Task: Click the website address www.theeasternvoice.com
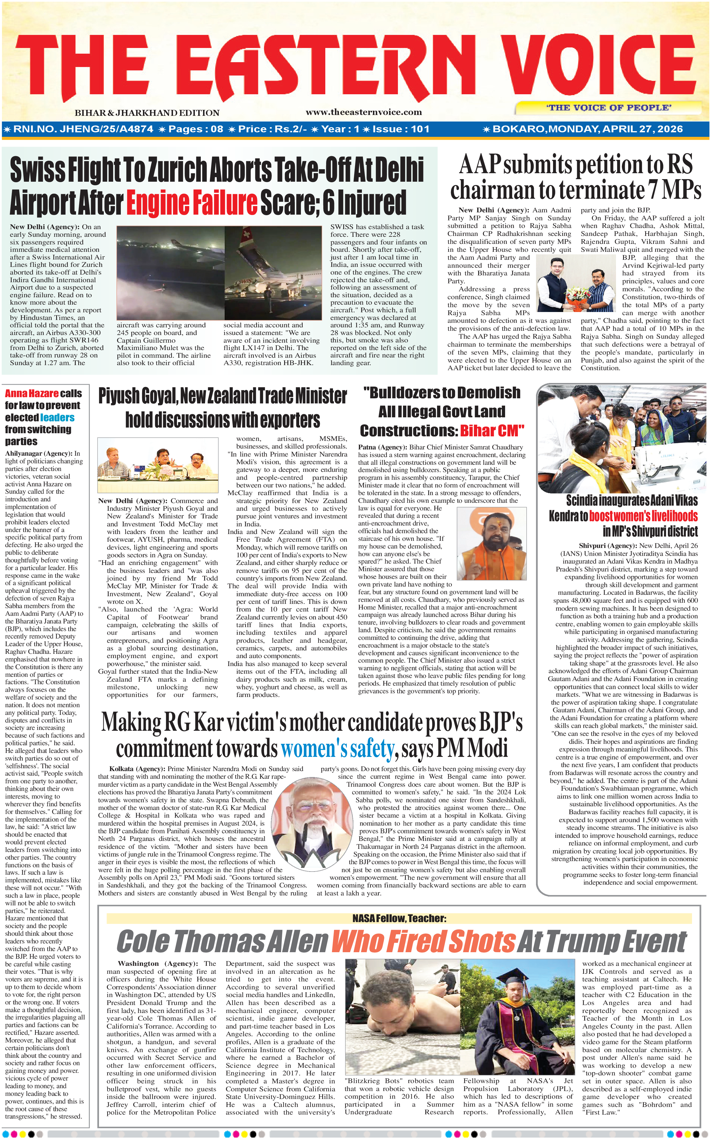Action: coord(364,112)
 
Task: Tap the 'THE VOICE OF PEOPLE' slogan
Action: coord(609,107)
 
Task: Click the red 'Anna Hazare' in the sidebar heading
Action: coord(31,393)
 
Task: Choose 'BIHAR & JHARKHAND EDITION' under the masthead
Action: coord(147,113)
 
